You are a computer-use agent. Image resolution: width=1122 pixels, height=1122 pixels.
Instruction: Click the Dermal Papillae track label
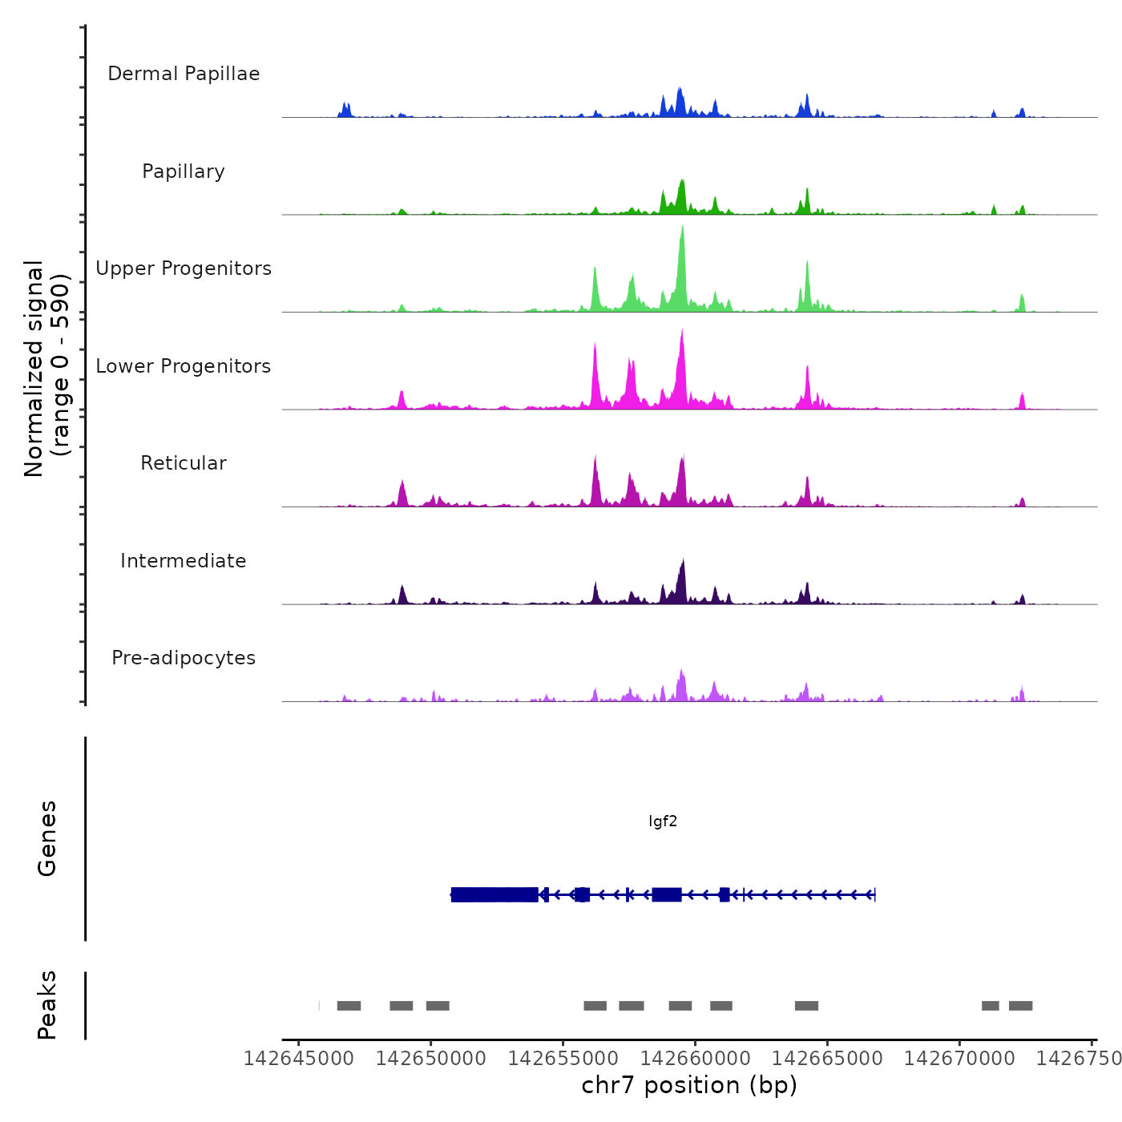coord(184,74)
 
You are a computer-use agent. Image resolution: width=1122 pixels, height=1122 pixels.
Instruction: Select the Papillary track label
coord(184,172)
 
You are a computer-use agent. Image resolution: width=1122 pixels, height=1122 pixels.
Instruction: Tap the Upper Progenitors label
coord(184,268)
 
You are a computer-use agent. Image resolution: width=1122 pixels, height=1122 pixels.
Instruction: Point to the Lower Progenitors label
coord(184,366)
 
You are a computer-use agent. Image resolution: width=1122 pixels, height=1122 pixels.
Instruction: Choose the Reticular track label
coord(184,463)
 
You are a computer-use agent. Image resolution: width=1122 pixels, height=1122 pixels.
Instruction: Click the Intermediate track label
coord(184,561)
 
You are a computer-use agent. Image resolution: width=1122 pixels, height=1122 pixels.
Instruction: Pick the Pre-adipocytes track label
coord(184,658)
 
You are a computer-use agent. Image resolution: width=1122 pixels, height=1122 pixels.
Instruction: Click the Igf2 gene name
coord(663,821)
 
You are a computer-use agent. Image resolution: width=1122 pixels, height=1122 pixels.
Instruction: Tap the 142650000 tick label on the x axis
coord(431,1059)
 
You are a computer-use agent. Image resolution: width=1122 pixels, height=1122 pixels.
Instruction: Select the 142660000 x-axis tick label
coord(696,1059)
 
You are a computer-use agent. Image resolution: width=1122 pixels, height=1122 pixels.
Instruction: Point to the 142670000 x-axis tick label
coord(959,1059)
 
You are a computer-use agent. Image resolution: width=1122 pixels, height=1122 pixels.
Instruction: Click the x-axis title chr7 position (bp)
coord(689,1085)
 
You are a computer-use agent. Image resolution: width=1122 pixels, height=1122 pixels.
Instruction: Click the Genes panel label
coord(47,838)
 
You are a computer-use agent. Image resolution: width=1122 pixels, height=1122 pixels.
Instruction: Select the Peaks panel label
coord(47,1005)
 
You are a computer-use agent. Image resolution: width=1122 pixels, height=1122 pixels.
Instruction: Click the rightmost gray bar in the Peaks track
coord(1020,1006)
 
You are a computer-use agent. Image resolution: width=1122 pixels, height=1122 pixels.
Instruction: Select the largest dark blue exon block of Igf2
coord(494,894)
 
